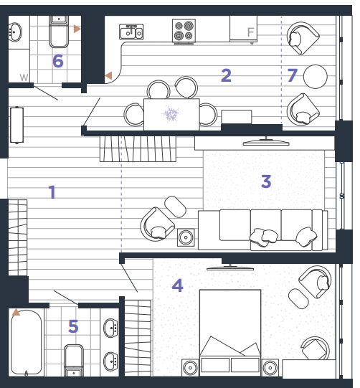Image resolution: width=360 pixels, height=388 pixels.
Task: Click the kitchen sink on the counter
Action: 131,32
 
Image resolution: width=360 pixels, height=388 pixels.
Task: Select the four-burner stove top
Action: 184,31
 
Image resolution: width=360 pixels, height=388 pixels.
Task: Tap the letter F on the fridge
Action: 251,32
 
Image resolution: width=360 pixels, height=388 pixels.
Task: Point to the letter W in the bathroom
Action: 24,77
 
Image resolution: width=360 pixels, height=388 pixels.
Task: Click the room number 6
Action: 58,61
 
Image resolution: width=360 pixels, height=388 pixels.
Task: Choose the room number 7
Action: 292,75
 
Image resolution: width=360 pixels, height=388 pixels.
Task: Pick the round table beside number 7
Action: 316,77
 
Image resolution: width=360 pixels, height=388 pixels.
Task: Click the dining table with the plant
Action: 171,114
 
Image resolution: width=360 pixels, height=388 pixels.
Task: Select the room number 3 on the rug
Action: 266,181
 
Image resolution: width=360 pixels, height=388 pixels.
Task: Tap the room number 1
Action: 52,191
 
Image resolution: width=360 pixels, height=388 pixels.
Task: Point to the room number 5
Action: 73,326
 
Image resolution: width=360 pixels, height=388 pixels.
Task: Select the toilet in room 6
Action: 59,32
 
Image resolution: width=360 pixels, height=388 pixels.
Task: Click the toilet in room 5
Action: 74,361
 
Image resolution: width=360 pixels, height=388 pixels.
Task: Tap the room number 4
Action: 177,285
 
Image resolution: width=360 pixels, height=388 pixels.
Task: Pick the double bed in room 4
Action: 230,332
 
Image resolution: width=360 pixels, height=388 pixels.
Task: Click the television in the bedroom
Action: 230,268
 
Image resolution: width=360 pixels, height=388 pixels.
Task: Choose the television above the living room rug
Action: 266,142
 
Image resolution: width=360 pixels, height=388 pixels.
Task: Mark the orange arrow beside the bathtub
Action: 16,312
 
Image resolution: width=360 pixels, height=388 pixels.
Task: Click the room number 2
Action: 226,75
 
